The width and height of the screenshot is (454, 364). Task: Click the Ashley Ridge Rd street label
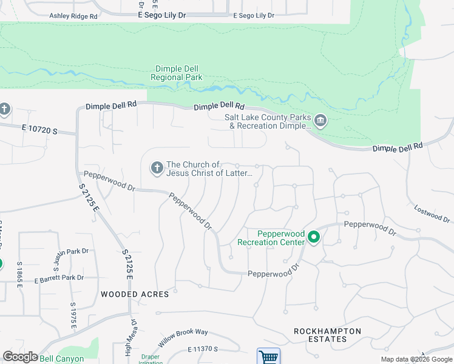tap(73, 16)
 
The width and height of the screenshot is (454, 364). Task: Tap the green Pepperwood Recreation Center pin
tap(314, 237)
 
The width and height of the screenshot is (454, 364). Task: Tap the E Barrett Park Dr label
tap(58, 278)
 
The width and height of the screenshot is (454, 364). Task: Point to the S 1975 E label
tap(72, 316)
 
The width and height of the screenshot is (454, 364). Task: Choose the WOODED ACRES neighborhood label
tap(135, 294)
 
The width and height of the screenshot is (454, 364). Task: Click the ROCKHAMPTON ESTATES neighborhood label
tap(328, 335)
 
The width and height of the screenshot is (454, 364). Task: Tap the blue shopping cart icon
tap(268, 357)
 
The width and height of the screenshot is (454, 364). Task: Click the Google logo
tap(20, 357)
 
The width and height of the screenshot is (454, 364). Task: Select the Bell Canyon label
tap(61, 359)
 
